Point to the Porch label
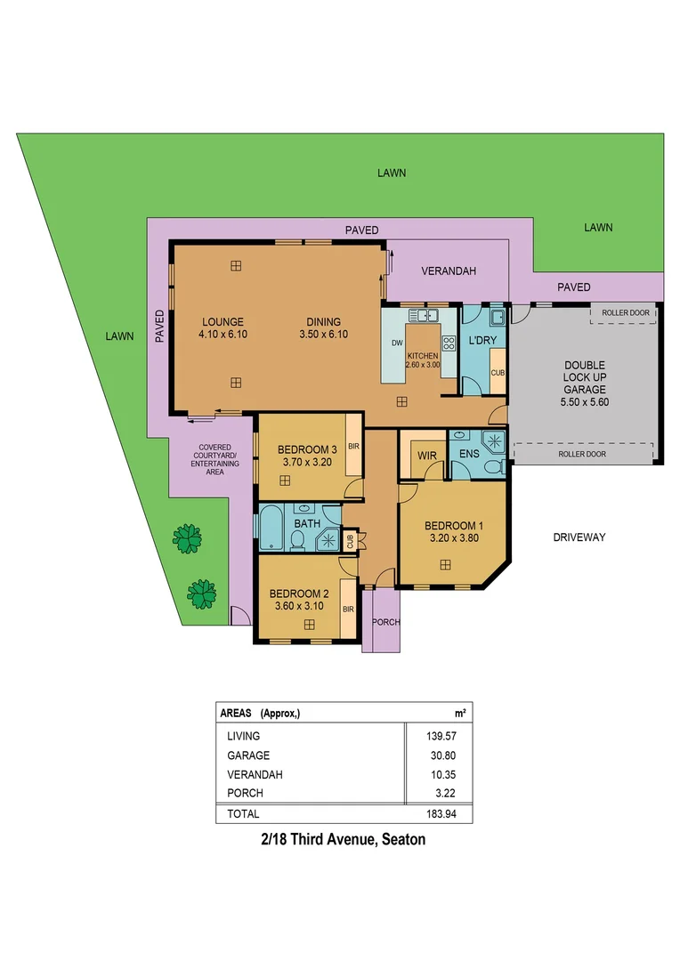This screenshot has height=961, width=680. point(385,622)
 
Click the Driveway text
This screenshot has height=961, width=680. point(579,537)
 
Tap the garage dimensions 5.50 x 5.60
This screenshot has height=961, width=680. point(585,401)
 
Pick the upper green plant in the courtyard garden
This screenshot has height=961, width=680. point(187,537)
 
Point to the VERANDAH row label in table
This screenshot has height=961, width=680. point(255,775)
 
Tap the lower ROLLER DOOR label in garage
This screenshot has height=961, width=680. point(583,454)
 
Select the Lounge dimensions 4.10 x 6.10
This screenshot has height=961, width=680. point(223,335)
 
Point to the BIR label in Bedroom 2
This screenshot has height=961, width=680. point(347,609)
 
